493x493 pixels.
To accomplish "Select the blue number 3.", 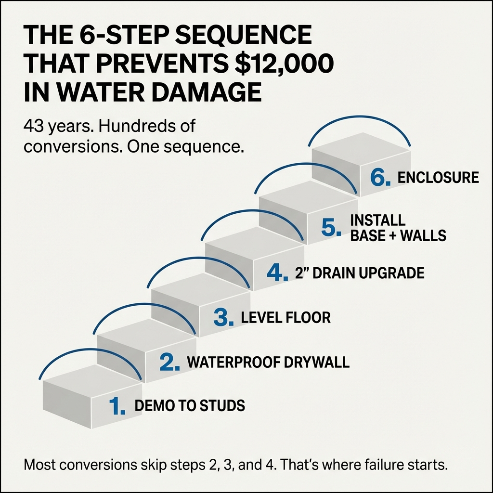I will click(223, 317).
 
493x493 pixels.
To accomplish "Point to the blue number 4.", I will click(276, 273).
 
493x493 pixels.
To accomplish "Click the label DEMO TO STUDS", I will click(190, 405).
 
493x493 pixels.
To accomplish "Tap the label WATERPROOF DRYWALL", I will click(268, 362).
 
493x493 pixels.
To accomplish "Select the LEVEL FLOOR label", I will click(285, 318).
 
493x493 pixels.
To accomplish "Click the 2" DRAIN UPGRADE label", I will click(360, 273).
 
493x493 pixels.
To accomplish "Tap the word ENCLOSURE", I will click(438, 178).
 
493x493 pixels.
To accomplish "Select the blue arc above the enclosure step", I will click(359, 123).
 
